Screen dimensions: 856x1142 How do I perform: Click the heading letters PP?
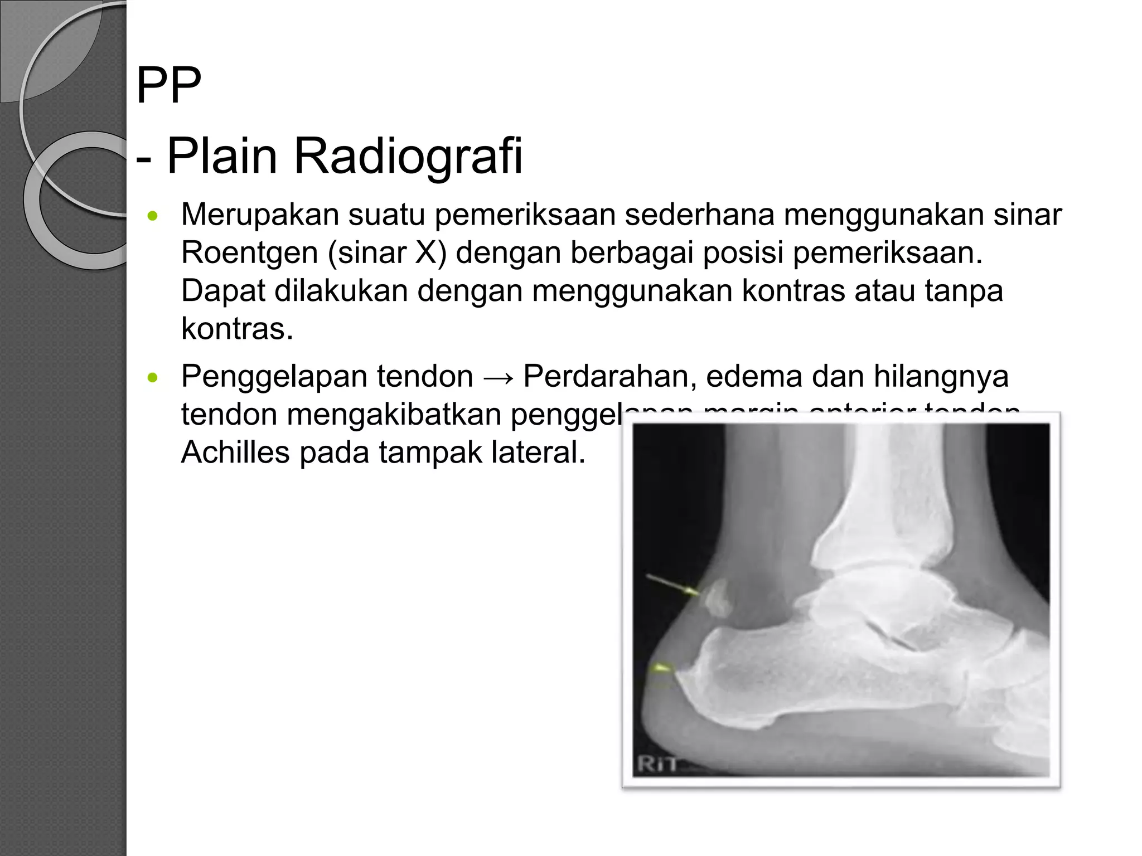[x=168, y=86]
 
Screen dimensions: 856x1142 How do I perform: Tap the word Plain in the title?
[x=222, y=156]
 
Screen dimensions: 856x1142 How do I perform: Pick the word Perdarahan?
[x=609, y=377]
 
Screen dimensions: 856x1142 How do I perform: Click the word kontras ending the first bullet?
[x=236, y=329]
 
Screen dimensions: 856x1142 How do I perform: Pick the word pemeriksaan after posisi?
[x=888, y=253]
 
